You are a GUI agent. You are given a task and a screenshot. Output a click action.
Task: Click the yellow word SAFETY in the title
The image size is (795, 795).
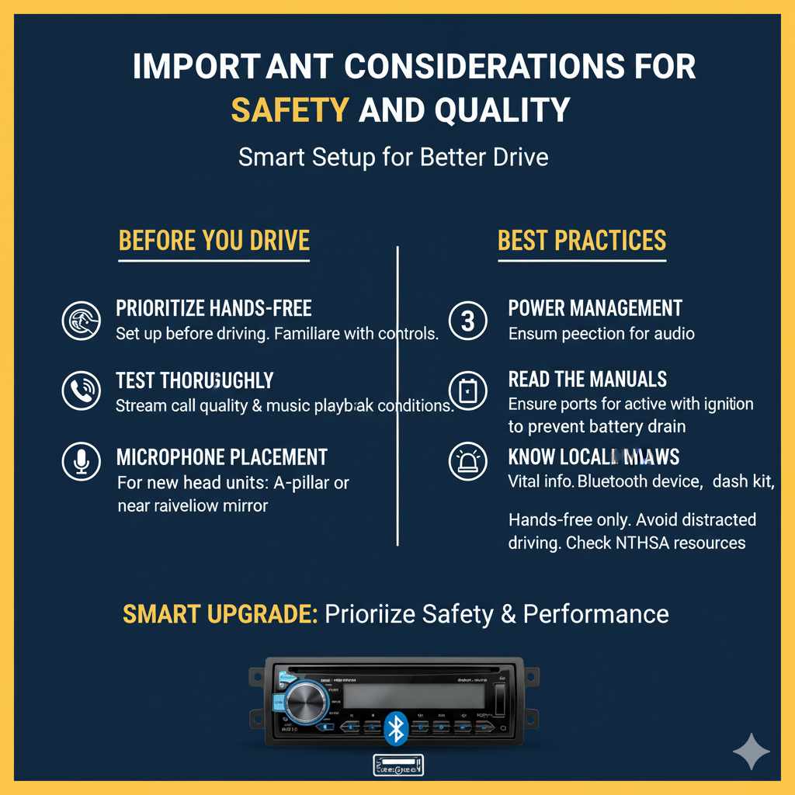click(290, 110)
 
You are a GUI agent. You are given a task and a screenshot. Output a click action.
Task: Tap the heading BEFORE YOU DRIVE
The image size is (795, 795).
click(214, 240)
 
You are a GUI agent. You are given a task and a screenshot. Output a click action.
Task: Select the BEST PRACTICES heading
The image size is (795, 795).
click(581, 240)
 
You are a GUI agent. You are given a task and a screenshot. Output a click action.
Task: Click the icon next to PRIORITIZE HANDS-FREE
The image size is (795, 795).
click(82, 320)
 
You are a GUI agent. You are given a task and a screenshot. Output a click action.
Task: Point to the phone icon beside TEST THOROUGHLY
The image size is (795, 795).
click(82, 391)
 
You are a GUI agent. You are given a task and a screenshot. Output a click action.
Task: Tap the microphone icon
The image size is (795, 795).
click(82, 463)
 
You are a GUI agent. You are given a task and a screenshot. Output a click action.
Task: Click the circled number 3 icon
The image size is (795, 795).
click(468, 320)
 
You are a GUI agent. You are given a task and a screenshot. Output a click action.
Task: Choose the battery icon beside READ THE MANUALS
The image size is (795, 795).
click(468, 391)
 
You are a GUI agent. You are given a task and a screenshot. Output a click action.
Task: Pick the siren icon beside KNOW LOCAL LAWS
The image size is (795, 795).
click(468, 463)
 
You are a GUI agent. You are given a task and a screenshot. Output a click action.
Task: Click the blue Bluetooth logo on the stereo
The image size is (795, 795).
click(397, 728)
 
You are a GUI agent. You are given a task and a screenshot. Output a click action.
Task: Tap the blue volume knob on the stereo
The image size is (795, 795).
click(307, 703)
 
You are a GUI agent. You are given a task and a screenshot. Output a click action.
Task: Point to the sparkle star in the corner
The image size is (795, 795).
click(751, 751)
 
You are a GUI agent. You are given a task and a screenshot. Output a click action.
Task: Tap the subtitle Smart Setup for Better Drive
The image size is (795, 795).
click(393, 157)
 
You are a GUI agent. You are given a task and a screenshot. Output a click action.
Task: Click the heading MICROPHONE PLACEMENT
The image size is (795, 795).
click(221, 457)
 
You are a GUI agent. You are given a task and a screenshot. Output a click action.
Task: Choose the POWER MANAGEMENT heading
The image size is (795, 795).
click(595, 307)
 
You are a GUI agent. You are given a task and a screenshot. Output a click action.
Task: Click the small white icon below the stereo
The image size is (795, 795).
click(397, 765)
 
